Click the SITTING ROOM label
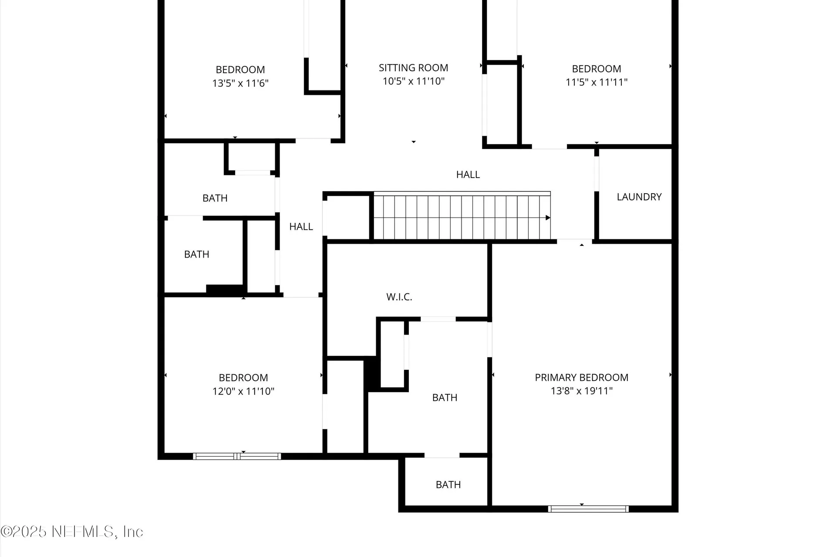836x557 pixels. click(x=413, y=68)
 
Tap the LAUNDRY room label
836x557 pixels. click(x=639, y=197)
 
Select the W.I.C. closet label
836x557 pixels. click(x=399, y=297)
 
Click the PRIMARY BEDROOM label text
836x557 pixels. click(x=581, y=377)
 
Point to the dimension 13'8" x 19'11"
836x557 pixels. click(x=581, y=391)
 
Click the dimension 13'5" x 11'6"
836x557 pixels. click(x=240, y=83)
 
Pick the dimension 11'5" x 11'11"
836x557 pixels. click(x=596, y=82)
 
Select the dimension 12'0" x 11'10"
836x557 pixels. click(x=243, y=391)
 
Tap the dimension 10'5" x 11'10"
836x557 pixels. click(x=413, y=81)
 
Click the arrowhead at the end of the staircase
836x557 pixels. click(x=548, y=218)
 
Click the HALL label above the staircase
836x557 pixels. click(x=468, y=174)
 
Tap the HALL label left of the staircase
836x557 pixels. click(x=301, y=226)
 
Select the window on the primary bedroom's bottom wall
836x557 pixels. click(x=588, y=509)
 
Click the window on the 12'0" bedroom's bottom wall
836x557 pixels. click(x=237, y=456)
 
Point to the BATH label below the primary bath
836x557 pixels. click(x=448, y=484)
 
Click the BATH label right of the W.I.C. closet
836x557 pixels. click(x=445, y=397)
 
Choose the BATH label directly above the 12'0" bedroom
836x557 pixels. click(x=196, y=254)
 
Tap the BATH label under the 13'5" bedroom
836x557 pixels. click(x=215, y=198)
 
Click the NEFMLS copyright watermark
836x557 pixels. click(x=72, y=531)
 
